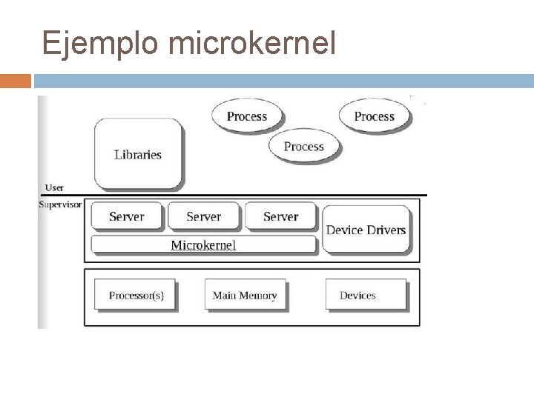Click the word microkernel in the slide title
(x=252, y=44)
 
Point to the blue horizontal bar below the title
(x=282, y=81)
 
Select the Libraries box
(x=137, y=154)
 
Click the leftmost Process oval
(x=247, y=116)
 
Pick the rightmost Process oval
(x=374, y=116)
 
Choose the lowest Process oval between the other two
(x=304, y=147)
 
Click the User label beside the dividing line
(x=54, y=188)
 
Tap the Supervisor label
(x=60, y=204)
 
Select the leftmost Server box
(x=127, y=216)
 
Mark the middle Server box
(x=204, y=216)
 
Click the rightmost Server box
(x=280, y=216)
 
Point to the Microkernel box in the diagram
(x=203, y=244)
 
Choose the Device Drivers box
(x=366, y=230)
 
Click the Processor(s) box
(x=136, y=295)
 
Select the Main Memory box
(x=245, y=295)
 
